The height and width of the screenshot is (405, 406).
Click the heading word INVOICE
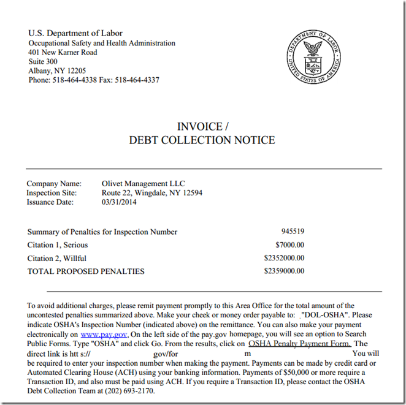[199, 127]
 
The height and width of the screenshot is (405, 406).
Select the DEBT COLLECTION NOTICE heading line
[202, 140]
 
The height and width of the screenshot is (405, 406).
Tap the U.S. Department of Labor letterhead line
[75, 33]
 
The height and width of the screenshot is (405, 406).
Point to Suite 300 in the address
[43, 61]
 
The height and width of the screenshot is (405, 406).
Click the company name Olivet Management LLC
[143, 184]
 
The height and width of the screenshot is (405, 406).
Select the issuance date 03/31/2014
[120, 202]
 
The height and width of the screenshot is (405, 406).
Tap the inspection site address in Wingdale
[152, 193]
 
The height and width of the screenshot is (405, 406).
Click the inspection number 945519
[293, 232]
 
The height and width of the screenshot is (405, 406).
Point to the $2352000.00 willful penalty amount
[284, 258]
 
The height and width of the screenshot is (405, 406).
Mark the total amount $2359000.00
[284, 271]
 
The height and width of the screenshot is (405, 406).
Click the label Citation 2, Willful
[57, 258]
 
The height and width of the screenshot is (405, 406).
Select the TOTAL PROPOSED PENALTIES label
[86, 271]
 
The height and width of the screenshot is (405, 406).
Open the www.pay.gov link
[104, 335]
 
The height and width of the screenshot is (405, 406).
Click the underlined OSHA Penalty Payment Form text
[299, 344]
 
